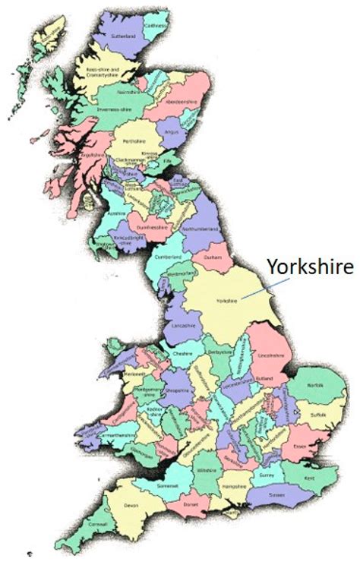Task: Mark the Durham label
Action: click(213, 257)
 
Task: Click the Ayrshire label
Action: click(116, 215)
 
